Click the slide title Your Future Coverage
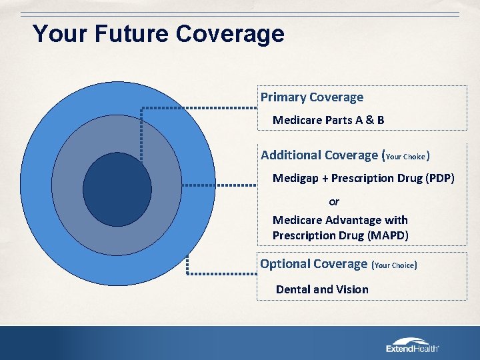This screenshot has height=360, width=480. pos(159,33)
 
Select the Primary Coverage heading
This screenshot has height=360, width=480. pos(311,97)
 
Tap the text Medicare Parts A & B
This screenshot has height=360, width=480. pos(328,121)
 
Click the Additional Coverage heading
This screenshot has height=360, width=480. pos(319,155)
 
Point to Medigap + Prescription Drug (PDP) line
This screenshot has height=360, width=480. pos(363,179)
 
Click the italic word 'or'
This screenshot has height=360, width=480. pos(334,201)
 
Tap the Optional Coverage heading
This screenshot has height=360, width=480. pos(313,264)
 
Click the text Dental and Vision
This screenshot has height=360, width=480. pos(322,289)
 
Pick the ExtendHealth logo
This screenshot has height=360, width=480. pos(413,345)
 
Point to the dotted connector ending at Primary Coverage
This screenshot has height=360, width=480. pos(200,108)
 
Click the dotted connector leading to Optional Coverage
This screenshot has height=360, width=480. pos(220,273)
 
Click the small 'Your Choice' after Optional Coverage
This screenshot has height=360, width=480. pos(395,265)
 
